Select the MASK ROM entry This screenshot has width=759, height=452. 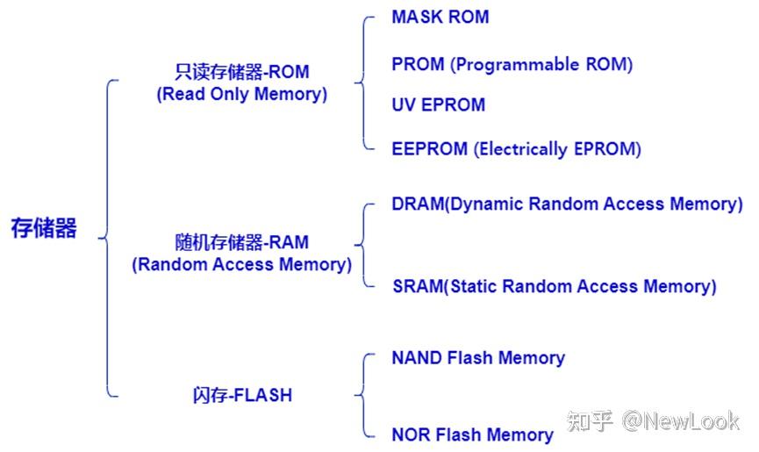pyautogui.click(x=440, y=18)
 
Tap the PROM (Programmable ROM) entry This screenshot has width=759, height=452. pyautogui.click(x=512, y=64)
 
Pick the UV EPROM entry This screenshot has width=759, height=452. pyautogui.click(x=438, y=105)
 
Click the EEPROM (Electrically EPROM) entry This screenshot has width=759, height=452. pyautogui.click(x=516, y=149)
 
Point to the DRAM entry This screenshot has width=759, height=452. pyautogui.click(x=567, y=204)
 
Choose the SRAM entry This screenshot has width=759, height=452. pyautogui.click(x=554, y=286)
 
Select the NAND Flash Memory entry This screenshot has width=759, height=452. pyautogui.click(x=477, y=358)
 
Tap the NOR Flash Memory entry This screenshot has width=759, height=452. pyautogui.click(x=472, y=434)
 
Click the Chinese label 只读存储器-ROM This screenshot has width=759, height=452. pyautogui.click(x=241, y=72)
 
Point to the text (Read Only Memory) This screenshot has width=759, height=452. pyautogui.click(x=241, y=95)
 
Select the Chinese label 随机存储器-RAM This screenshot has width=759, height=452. pyautogui.click(x=241, y=242)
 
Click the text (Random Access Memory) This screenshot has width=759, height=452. pyautogui.click(x=241, y=264)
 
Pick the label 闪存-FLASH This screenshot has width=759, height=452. pyautogui.click(x=241, y=395)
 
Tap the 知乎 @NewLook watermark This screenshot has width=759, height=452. pyautogui.click(x=654, y=421)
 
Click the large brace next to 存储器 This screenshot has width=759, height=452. pyautogui.click(x=107, y=237)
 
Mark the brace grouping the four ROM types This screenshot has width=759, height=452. pyautogui.click(x=363, y=83)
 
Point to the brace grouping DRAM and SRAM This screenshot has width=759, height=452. pyautogui.click(x=363, y=245)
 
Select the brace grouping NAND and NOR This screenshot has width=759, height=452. pyautogui.click(x=363, y=395)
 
